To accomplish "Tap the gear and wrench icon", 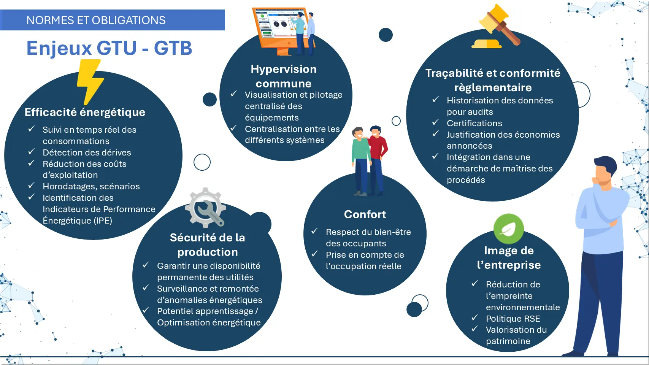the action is click(x=206, y=208).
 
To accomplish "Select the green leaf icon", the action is click(x=508, y=229).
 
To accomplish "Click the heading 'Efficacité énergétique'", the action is click(x=85, y=113).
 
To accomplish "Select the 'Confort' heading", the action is click(x=365, y=214).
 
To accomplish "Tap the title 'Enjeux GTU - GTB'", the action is click(x=109, y=48).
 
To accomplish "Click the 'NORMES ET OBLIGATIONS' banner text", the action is click(x=96, y=20).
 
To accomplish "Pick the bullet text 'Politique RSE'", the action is click(x=513, y=319).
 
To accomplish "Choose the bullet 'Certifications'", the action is click(x=474, y=124).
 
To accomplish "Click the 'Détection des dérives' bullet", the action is click(x=87, y=153).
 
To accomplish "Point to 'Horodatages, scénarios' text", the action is click(x=91, y=187).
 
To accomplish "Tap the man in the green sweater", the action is click(x=360, y=161).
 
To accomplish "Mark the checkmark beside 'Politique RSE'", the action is click(x=474, y=318).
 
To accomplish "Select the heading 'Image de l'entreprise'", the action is click(x=509, y=258).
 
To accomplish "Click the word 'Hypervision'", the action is click(x=283, y=69).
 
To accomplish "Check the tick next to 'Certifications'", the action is click(x=435, y=122).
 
